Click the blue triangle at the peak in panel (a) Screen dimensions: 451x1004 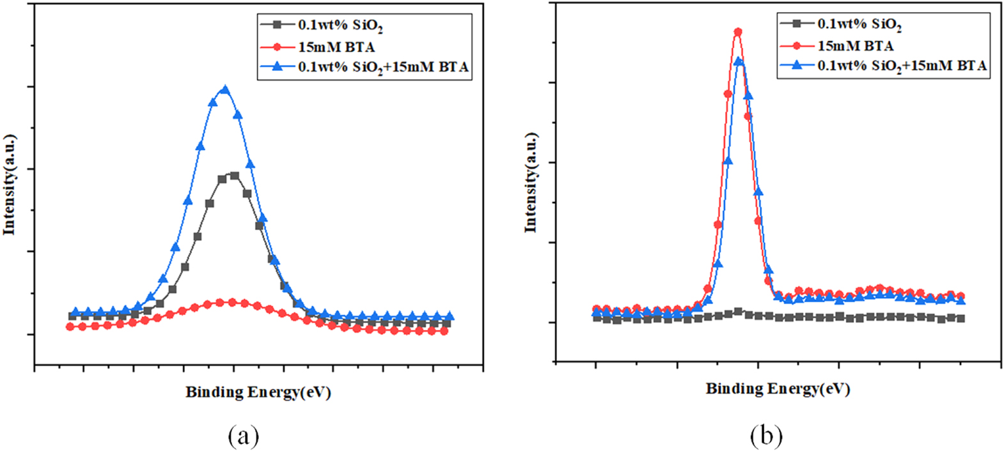[224, 90]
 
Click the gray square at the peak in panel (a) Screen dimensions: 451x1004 [234, 175]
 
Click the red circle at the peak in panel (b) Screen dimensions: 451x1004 [738, 31]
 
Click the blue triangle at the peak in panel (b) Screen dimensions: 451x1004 [739, 61]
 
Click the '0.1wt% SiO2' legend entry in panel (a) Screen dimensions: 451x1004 [340, 26]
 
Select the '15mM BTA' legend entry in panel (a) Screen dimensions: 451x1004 [336, 47]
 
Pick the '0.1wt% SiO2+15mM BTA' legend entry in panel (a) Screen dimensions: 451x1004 [383, 67]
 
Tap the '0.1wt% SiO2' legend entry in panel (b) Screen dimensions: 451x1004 [859, 24]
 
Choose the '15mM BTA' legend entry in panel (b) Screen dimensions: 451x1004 [855, 45]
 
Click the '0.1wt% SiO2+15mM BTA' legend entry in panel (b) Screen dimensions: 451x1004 [902, 65]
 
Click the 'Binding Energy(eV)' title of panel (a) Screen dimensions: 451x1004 [258, 392]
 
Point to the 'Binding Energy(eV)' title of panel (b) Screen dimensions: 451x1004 [778, 388]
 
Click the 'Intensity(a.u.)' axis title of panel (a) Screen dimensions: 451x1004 [9, 185]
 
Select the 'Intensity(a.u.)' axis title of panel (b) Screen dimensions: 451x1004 [530, 183]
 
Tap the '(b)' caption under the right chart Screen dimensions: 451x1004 [765, 436]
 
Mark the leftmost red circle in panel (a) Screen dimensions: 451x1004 [70, 326]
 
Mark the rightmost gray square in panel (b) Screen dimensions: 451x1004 [961, 318]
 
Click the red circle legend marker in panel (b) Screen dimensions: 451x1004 [796, 45]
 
